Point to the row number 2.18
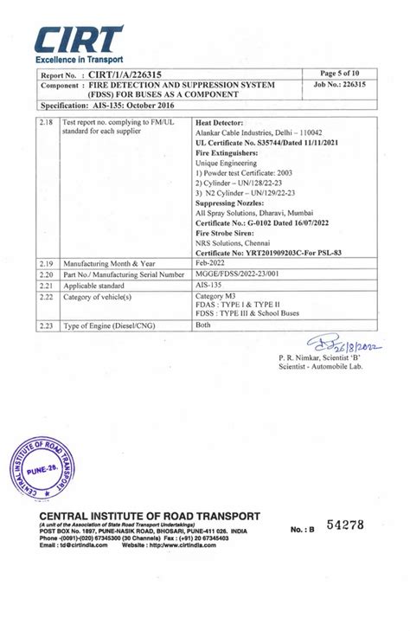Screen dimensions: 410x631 coord(48,123)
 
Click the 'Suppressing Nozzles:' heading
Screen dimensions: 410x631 coord(231,203)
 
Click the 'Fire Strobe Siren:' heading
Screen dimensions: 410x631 coord(226,233)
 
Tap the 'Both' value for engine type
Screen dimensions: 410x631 coord(204,325)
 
